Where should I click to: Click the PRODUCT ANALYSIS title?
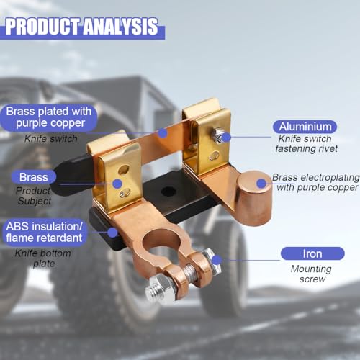click(81, 27)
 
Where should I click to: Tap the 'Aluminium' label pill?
click(305, 127)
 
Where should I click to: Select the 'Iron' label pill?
click(312, 253)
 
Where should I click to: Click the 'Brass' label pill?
click(34, 177)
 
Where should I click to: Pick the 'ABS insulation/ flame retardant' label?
click(45, 232)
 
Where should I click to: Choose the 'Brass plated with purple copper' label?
click(49, 117)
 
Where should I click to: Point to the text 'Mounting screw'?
click(311, 274)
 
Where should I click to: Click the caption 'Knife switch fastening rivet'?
click(306, 143)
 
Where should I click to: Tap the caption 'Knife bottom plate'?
click(43, 258)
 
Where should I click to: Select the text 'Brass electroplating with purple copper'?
click(316, 182)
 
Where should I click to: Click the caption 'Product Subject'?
click(34, 196)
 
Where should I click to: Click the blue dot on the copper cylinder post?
click(261, 184)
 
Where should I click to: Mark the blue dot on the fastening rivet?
click(226, 138)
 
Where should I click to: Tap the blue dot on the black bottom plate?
click(112, 233)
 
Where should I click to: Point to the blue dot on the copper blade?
click(163, 133)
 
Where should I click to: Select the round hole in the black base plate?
click(168, 191)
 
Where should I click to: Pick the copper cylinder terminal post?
click(254, 198)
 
